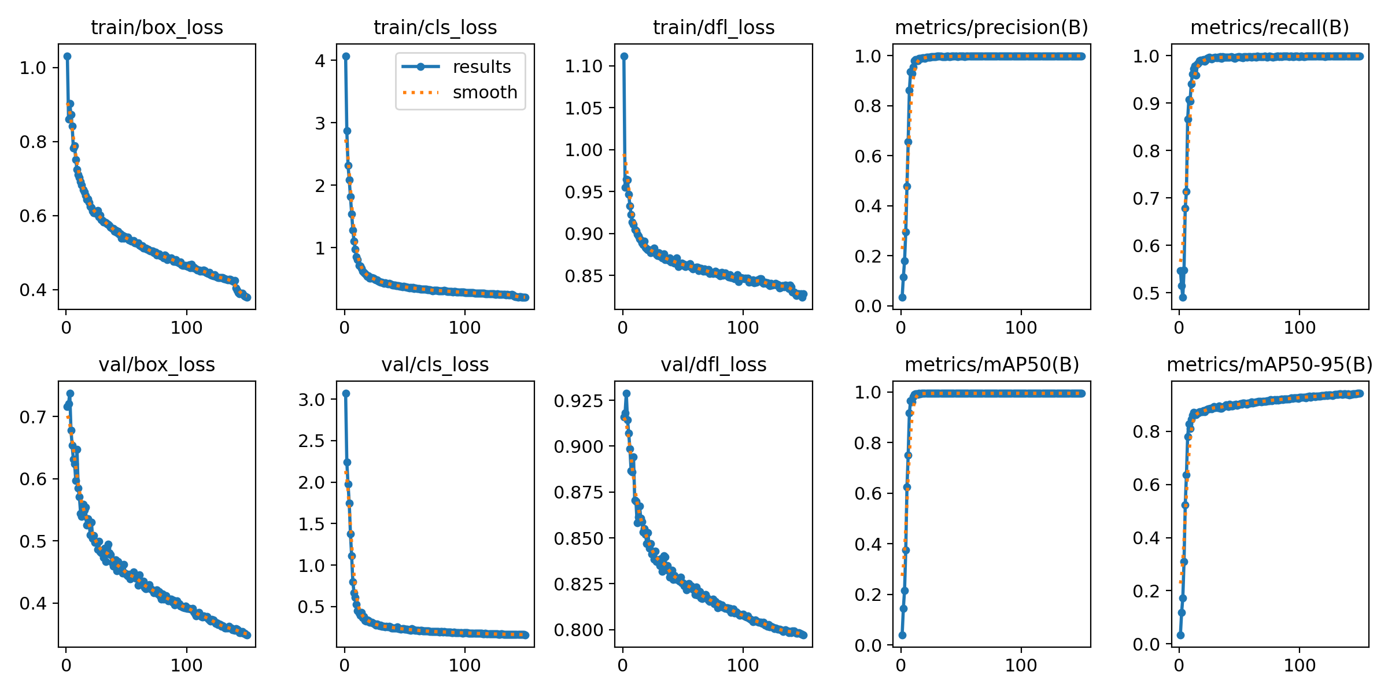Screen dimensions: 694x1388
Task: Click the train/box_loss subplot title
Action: click(x=157, y=28)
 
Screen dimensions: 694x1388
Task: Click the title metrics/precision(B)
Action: click(x=991, y=28)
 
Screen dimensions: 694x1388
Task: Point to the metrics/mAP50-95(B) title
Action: click(x=1269, y=365)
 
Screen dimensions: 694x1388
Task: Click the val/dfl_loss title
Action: click(x=713, y=365)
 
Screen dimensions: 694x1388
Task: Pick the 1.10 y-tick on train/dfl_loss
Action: click(x=584, y=67)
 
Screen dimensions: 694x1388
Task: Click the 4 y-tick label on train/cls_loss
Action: click(x=320, y=61)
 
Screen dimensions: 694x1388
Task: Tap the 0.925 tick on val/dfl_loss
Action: click(x=578, y=401)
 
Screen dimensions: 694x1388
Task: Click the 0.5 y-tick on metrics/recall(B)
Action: click(x=1146, y=294)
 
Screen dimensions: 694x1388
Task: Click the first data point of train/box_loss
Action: click(x=67, y=57)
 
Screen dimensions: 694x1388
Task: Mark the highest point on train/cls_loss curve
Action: click(x=346, y=57)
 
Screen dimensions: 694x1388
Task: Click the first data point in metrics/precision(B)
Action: click(x=902, y=297)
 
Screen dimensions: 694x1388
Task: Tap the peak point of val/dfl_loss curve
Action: click(x=626, y=393)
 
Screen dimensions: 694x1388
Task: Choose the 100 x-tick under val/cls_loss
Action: click(x=464, y=666)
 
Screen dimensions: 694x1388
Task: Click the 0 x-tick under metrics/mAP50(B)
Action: click(x=900, y=666)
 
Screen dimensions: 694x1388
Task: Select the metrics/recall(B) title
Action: click(x=1269, y=28)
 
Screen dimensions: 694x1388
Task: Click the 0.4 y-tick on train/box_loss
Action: click(x=32, y=290)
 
